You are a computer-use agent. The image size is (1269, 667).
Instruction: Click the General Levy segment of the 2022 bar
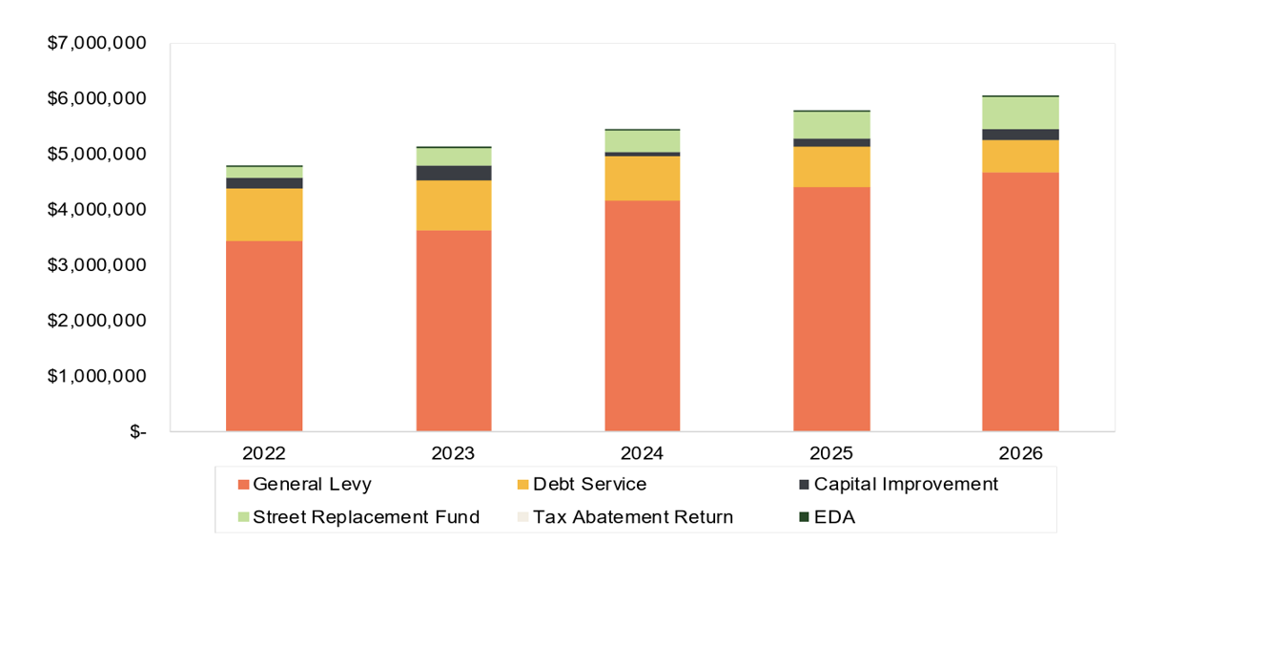(x=264, y=336)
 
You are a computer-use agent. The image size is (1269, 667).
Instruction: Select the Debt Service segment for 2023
(x=454, y=205)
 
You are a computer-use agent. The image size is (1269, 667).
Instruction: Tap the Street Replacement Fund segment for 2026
(x=1020, y=113)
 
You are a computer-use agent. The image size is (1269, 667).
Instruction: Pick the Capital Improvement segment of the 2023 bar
(x=454, y=173)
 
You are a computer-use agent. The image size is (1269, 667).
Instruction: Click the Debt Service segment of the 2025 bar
(x=831, y=167)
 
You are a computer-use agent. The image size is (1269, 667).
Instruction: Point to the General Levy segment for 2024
(x=643, y=316)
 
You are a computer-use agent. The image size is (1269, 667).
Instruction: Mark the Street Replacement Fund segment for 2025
(x=831, y=125)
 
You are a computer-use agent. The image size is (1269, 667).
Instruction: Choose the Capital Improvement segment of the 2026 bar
(x=1020, y=135)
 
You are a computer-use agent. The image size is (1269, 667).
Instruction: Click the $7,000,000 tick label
(x=97, y=43)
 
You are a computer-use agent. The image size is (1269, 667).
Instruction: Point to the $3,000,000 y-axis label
(x=97, y=265)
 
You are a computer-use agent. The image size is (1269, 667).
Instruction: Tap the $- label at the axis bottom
(x=138, y=431)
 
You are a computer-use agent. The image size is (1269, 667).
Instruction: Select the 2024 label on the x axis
(x=642, y=453)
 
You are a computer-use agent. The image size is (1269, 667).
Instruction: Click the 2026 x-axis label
(x=1020, y=453)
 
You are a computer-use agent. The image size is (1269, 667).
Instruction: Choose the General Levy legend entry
(x=305, y=485)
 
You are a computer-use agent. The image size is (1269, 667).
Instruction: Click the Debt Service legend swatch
(x=522, y=485)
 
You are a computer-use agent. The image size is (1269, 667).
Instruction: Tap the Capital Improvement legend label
(x=906, y=485)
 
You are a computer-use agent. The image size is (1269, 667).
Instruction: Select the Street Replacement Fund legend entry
(x=358, y=517)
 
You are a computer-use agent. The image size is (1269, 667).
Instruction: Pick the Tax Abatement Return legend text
(x=633, y=517)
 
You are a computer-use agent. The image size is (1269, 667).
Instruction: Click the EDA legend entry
(x=828, y=517)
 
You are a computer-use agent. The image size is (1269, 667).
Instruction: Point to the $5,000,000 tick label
(x=97, y=154)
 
